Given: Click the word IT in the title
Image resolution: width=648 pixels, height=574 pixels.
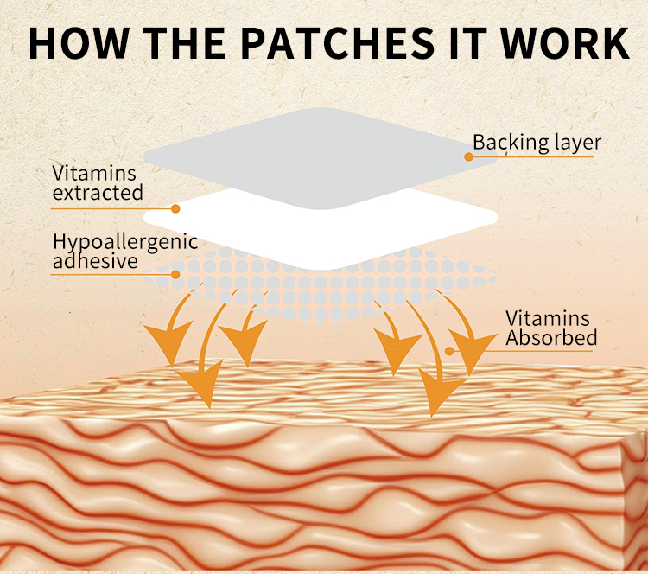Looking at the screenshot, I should pos(465,41).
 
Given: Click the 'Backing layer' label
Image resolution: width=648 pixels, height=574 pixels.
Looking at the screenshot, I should pos(536,142).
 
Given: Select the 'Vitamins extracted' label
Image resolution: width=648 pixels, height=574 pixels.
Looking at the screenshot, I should pos(98,182).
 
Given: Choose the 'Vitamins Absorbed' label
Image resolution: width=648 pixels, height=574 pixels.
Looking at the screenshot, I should pos(551,328).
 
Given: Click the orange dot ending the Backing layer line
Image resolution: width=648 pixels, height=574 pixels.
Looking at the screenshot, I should pos(468,156).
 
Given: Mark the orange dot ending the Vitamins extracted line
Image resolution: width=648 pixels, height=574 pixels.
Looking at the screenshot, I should pos(175,208).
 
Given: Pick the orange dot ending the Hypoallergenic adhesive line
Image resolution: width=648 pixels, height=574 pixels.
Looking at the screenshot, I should pos(175,274).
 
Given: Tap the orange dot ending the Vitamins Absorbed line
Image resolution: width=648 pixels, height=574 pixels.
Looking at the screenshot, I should pos(449,350).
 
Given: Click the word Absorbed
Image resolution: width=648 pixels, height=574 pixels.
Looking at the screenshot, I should pos(551,338).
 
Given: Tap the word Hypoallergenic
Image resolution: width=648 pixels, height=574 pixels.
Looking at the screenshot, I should pos(125,240).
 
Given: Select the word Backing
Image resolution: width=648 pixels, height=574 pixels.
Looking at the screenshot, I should pos(505,142).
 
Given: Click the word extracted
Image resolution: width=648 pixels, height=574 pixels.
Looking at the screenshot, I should pos(98,193).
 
